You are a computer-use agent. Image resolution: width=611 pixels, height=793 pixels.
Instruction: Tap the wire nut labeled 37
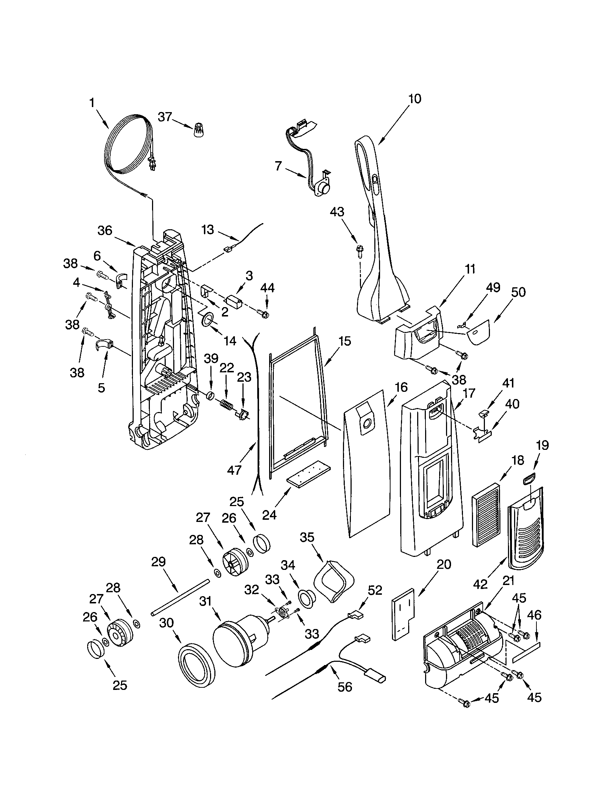198,130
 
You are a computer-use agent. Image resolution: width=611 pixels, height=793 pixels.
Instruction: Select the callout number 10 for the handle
415,99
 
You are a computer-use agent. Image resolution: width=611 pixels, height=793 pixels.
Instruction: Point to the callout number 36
105,230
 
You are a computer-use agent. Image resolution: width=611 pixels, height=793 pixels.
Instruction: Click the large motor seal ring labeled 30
196,665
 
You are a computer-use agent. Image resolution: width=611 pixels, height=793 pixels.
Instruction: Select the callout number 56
344,687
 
